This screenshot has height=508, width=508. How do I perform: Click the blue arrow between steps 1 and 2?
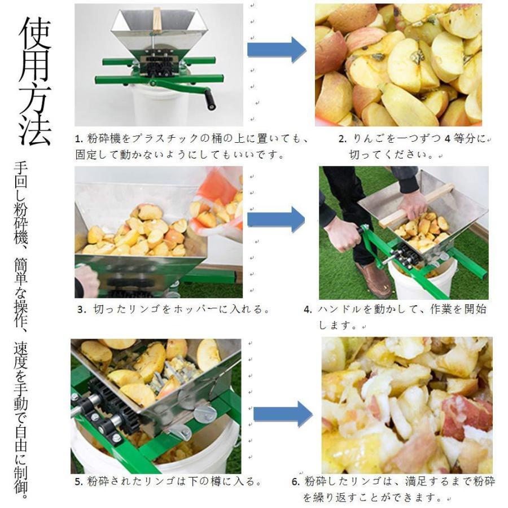pyautogui.click(x=276, y=50)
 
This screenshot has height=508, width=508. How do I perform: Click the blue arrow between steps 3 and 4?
pyautogui.click(x=276, y=218)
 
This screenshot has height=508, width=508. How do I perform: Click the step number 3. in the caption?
pyautogui.click(x=81, y=309)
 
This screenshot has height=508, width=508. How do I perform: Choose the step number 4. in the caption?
pyautogui.click(x=308, y=309)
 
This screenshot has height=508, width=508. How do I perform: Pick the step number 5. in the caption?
pyautogui.click(x=79, y=482)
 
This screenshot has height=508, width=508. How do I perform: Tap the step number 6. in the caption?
pyautogui.click(x=295, y=482)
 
